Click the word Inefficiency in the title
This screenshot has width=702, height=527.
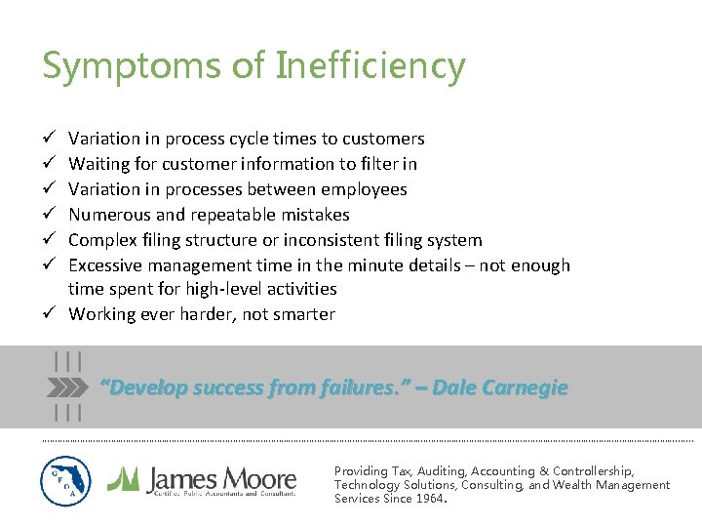[x=370, y=66]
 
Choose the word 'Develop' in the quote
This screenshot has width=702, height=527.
[x=146, y=387]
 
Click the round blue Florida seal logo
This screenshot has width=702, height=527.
[x=66, y=481]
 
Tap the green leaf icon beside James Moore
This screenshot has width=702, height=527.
[x=123, y=478]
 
